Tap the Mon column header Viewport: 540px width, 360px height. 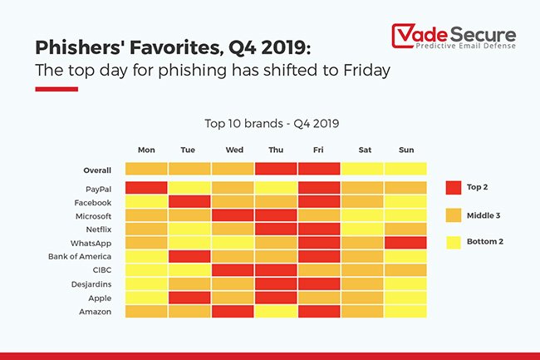coord(146,150)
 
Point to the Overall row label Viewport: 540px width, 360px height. coord(97,170)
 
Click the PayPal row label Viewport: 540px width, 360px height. coord(96,189)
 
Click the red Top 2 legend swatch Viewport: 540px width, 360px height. coord(453,187)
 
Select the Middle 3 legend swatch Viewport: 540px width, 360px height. coord(453,215)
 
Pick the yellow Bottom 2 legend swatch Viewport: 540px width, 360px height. coord(453,244)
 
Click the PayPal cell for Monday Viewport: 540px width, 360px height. coord(146,188)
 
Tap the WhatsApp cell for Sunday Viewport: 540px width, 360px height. coord(405,243)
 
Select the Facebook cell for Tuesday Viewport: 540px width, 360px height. coord(189,202)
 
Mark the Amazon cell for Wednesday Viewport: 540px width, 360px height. coord(233,310)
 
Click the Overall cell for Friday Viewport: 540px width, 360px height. coord(319,169)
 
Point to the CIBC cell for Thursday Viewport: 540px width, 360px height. coord(276,269)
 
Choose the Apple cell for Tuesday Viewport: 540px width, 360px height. coord(189,297)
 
